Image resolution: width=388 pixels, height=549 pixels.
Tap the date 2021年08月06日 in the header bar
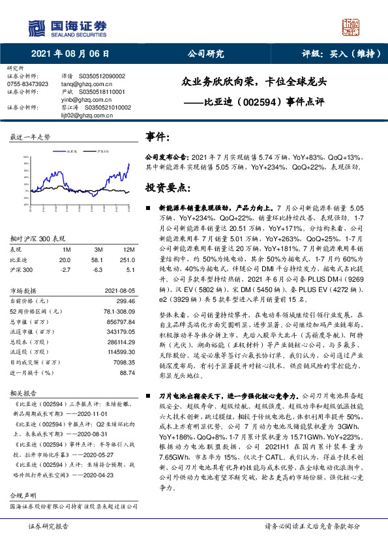pyautogui.click(x=70, y=54)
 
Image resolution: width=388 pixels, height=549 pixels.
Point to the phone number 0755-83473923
pyautogui.click(x=27, y=84)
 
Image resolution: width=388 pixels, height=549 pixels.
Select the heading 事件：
pyautogui.click(x=158, y=138)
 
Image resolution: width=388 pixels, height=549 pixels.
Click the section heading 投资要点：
pyautogui.click(x=168, y=187)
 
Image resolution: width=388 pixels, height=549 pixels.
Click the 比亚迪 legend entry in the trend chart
pyautogui.click(x=71, y=151)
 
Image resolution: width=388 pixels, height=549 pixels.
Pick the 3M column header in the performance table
pyautogui.click(x=99, y=249)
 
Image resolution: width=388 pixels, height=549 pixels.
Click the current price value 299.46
pyautogui.click(x=124, y=302)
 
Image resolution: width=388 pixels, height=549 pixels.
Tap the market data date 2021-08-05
pyautogui.click(x=118, y=292)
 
